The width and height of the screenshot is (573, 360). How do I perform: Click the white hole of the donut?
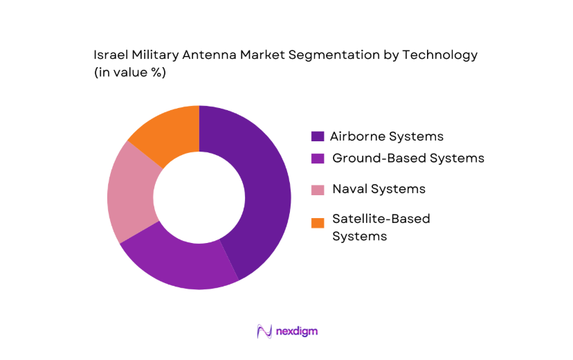pyautogui.click(x=199, y=197)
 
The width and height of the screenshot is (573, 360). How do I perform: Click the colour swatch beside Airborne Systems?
pyautogui.click(x=318, y=136)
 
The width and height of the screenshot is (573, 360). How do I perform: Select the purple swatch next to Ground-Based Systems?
pyautogui.click(x=318, y=159)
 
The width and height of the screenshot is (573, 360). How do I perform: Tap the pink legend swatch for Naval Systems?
pyautogui.click(x=318, y=189)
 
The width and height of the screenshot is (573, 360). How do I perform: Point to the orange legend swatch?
pyautogui.click(x=318, y=223)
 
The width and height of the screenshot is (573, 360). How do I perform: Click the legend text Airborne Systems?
pyautogui.click(x=386, y=136)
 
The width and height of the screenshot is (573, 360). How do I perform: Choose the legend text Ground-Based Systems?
pyautogui.click(x=408, y=158)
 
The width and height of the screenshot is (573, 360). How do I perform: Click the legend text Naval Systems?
pyautogui.click(x=379, y=188)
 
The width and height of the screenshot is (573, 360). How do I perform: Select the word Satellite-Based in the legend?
pyautogui.click(x=381, y=219)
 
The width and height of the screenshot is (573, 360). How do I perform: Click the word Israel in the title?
pyautogui.click(x=109, y=55)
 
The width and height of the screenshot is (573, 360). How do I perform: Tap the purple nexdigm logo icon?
pyautogui.click(x=264, y=332)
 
